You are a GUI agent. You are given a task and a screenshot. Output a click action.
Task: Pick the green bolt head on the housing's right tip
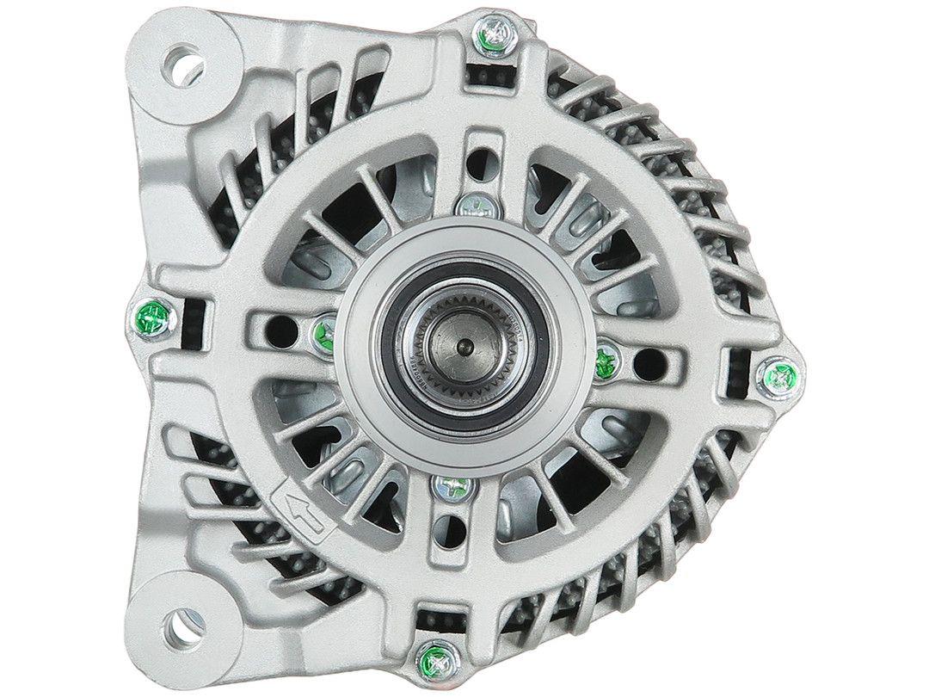pyautogui.click(x=779, y=375)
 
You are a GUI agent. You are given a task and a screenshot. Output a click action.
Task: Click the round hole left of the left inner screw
pyautogui.click(x=277, y=326)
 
